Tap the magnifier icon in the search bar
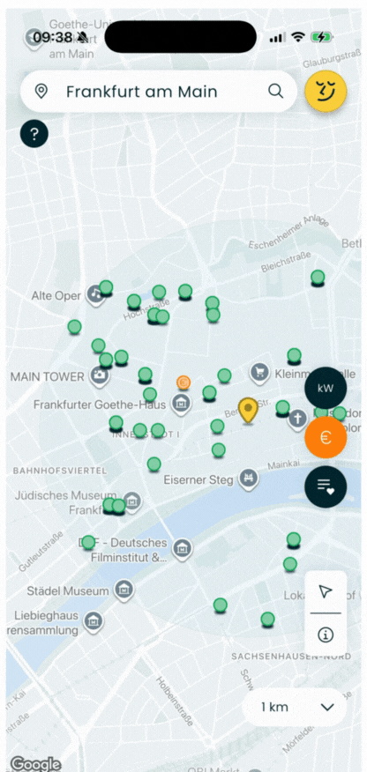(x=275, y=91)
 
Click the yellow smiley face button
(x=326, y=91)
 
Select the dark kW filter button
(x=326, y=388)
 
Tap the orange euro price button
(x=326, y=438)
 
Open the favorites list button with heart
(x=326, y=486)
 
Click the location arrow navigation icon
(x=326, y=590)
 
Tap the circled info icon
(x=326, y=634)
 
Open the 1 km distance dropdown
(x=295, y=707)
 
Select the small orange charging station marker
(x=183, y=382)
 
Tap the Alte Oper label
(x=56, y=296)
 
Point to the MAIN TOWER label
(x=46, y=377)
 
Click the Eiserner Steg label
(x=198, y=480)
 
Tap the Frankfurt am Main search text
(x=141, y=92)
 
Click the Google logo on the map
(x=35, y=763)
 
